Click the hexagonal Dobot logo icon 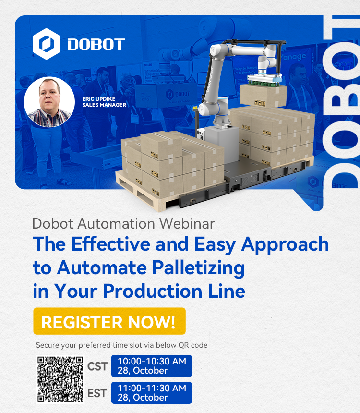point(47,44)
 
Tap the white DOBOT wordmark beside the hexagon point(96,44)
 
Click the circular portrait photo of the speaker point(49,102)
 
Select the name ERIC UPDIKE point(99,99)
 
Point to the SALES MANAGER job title point(104,105)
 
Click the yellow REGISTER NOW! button point(109,321)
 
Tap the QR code point(60,379)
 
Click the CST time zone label point(97,366)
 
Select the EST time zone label point(97,393)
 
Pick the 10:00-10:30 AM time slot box point(151,366)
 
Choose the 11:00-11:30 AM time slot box point(151,393)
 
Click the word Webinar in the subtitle point(187,224)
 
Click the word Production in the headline point(153,291)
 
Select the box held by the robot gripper point(264,96)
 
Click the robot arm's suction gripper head point(264,79)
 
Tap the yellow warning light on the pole point(195,108)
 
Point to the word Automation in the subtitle point(116,224)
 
